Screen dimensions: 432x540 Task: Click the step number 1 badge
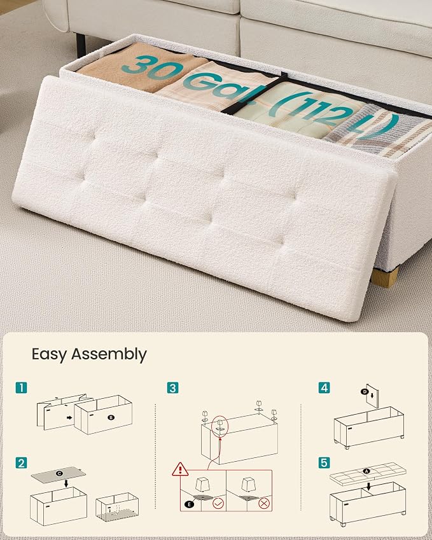point(22,388)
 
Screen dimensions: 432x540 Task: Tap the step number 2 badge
point(22,463)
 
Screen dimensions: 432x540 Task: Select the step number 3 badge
point(172,388)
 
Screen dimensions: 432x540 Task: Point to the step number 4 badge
point(324,388)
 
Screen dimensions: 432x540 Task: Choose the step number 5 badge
point(324,463)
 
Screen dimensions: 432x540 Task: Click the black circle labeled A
point(366,471)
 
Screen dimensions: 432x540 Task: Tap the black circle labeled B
point(111,417)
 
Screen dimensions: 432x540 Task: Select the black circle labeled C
point(60,473)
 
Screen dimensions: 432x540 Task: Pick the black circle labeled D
point(365,391)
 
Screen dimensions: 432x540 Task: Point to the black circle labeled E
point(189,504)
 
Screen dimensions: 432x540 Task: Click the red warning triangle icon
point(180,469)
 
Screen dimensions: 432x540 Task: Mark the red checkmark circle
point(218,504)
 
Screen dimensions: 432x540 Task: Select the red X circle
point(264,504)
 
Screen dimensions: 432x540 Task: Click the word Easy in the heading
point(49,355)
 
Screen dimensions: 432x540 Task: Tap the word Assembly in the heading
point(109,355)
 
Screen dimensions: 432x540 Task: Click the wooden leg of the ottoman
point(385,278)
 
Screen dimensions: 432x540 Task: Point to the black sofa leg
point(81,45)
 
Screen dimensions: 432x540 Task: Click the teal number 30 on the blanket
point(149,68)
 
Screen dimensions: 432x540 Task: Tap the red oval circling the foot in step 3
point(219,426)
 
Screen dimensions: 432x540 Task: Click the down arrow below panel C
point(66,483)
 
